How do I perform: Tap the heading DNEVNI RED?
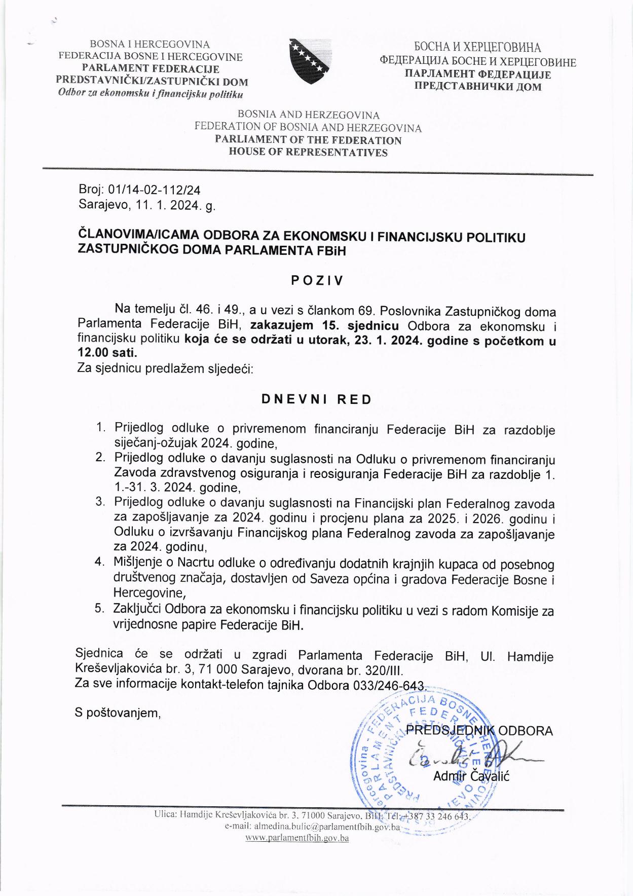[316, 399]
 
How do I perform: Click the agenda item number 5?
[100, 608]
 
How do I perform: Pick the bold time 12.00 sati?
[107, 354]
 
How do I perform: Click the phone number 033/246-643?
[387, 685]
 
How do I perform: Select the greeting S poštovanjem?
[118, 713]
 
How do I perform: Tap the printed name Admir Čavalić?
[471, 775]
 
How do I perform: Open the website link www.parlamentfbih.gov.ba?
[297, 838]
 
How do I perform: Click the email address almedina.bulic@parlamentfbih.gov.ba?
[312, 827]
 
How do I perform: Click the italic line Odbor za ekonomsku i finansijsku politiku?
[151, 94]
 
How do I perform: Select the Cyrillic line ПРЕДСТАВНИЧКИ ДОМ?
[478, 86]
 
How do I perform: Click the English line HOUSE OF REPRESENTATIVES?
[308, 153]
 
